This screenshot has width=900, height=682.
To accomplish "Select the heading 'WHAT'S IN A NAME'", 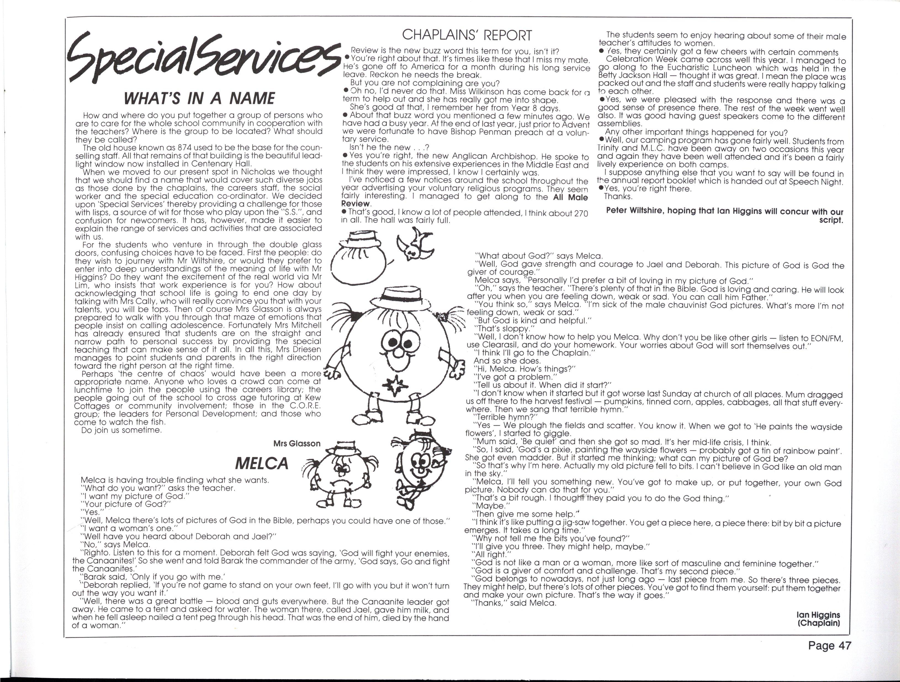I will click(199, 98).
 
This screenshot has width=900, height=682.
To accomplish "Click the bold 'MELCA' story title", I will click(262, 463).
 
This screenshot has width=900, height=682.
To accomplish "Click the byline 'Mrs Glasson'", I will click(297, 444).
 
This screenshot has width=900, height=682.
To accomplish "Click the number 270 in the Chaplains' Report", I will click(581, 213).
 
